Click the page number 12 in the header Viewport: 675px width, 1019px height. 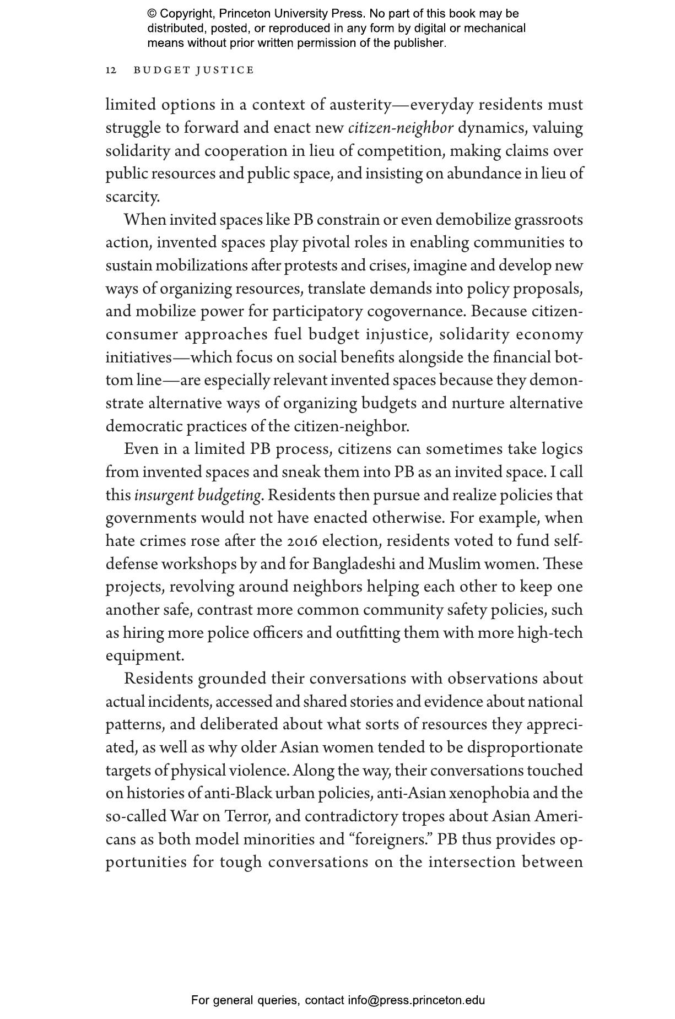coord(111,71)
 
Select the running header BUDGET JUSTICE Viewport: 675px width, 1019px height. coord(194,71)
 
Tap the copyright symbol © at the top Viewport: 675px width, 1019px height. coord(152,14)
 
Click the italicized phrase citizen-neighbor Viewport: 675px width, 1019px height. coord(401,128)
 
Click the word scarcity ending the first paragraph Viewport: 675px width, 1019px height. coord(132,197)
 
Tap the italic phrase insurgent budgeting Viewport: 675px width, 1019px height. coord(197,495)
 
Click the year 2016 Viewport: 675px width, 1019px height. coord(303,541)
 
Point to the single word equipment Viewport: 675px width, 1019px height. coord(145,655)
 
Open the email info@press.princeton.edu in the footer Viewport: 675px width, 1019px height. coord(416,1000)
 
